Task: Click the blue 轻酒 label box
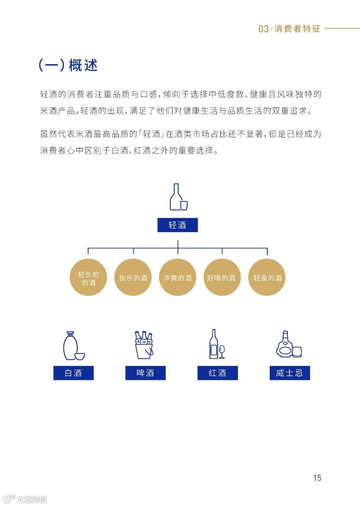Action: tap(177, 225)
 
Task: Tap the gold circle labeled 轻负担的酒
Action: tap(88, 277)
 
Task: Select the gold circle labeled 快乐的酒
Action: tap(133, 277)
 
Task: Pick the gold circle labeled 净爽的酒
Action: tap(177, 277)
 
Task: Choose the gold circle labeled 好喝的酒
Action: tap(222, 277)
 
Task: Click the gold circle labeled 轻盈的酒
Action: tap(267, 277)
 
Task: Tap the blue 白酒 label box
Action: tap(73, 373)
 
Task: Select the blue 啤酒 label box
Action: tap(145, 373)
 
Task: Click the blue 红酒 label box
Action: tap(217, 373)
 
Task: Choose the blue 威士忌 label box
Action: tap(290, 373)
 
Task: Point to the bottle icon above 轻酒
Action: tap(177, 197)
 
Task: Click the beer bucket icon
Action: tap(144, 345)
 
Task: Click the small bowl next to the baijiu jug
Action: tap(79, 356)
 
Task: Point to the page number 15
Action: tap(317, 478)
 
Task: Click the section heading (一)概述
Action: tap(68, 65)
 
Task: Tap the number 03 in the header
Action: tap(263, 29)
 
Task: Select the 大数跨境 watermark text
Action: tap(32, 499)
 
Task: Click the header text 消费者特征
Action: tap(297, 29)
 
